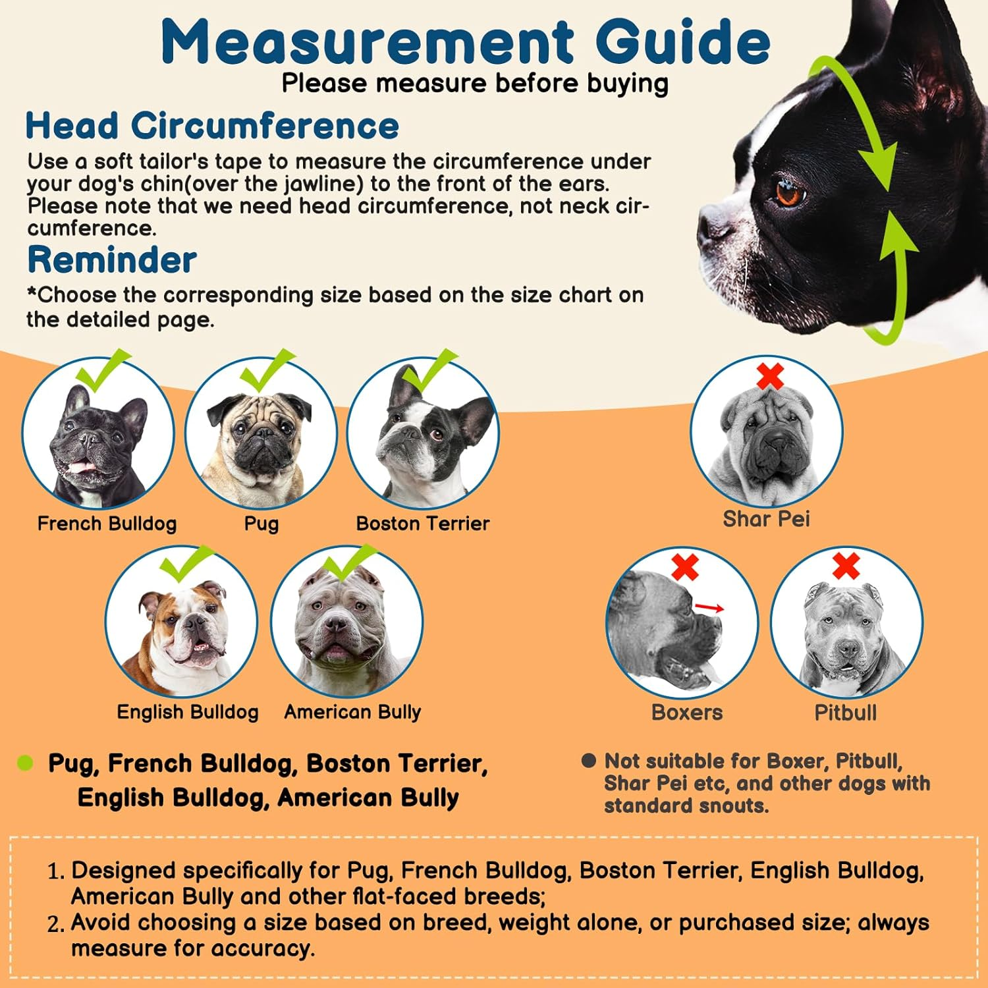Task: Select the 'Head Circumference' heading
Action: pos(212,125)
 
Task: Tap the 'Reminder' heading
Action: pos(112,260)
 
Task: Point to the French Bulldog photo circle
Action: pos(98,434)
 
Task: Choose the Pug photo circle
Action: pos(261,434)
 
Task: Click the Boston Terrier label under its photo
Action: pos(422,524)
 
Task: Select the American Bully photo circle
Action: pos(346,622)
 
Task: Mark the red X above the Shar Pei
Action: pos(770,376)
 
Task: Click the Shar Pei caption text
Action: pos(766,519)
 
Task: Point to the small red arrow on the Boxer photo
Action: pos(709,608)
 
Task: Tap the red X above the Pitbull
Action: pos(846,566)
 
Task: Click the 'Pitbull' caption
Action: pos(845,713)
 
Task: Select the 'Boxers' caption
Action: pos(686,713)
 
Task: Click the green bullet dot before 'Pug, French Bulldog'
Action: pos(25,763)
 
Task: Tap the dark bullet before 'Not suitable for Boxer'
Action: pos(588,761)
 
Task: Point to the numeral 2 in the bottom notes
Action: pos(55,925)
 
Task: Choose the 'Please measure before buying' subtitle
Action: pos(475,84)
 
